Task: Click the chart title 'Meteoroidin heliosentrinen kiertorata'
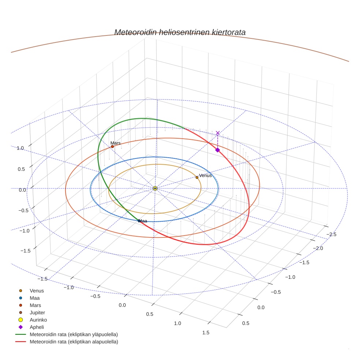coord(180,32)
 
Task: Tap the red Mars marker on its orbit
coord(112,146)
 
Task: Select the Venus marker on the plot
coord(197,177)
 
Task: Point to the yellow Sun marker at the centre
coord(155,188)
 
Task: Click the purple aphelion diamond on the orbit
coord(217,150)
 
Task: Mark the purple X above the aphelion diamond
coord(218,133)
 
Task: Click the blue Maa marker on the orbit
coord(139,221)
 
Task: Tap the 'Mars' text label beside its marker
coord(116,143)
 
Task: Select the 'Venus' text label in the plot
coord(205,176)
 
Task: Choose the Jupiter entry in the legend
coord(37,313)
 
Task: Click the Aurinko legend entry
coord(38,320)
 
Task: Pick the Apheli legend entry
coord(37,327)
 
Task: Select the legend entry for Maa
coord(34,298)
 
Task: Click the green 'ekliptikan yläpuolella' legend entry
coord(73,334)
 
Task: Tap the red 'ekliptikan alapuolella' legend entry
coord(74,342)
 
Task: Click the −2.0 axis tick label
coord(318,248)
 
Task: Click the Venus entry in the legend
coord(37,291)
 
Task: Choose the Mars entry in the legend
coord(35,305)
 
